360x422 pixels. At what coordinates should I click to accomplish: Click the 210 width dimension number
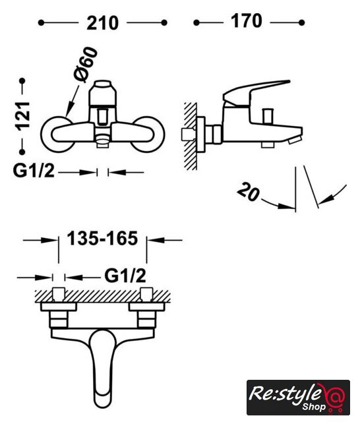(x=102, y=23)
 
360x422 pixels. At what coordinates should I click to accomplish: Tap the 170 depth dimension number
(x=247, y=21)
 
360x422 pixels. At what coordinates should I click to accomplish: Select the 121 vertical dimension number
(x=23, y=116)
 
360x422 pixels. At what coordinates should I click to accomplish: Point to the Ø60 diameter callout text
(x=85, y=65)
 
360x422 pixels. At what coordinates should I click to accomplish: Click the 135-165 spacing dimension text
(x=102, y=239)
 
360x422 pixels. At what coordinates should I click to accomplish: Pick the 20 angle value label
(x=249, y=192)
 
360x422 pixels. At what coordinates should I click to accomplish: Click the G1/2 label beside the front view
(x=34, y=170)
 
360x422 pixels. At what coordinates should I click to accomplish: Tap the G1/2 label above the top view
(x=125, y=276)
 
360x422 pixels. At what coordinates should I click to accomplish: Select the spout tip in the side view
(x=295, y=140)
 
